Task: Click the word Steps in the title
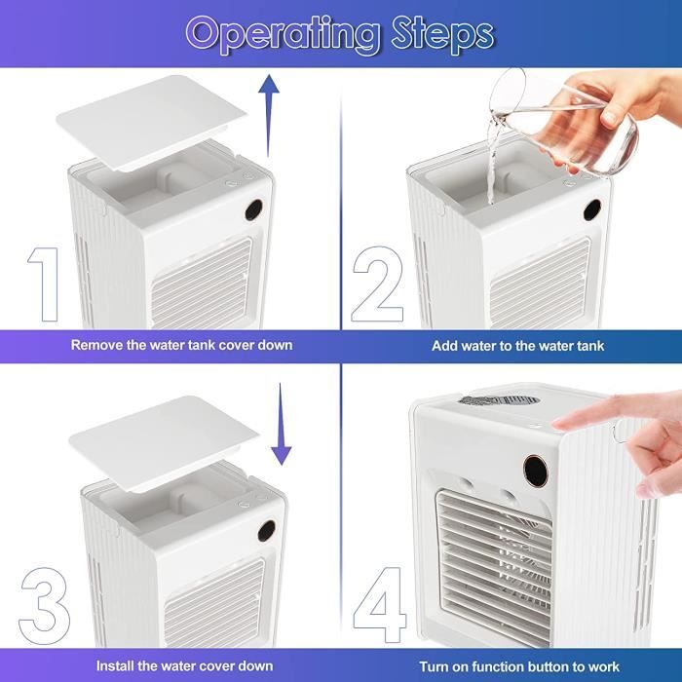pyautogui.click(x=442, y=35)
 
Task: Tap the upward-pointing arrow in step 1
pyautogui.click(x=269, y=115)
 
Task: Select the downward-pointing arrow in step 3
pyautogui.click(x=281, y=424)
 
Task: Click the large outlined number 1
pyautogui.click(x=44, y=284)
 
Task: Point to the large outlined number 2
pyautogui.click(x=377, y=284)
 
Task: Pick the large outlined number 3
pyautogui.click(x=44, y=606)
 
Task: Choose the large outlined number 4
pyautogui.click(x=379, y=605)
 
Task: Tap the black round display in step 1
pyautogui.click(x=253, y=210)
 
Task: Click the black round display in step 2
pyautogui.click(x=592, y=210)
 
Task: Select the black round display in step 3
pyautogui.click(x=266, y=531)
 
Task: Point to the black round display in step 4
pyautogui.click(x=536, y=470)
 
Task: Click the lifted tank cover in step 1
pyautogui.click(x=152, y=122)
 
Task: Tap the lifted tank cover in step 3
pyautogui.click(x=165, y=443)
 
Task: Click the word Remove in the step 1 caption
pyautogui.click(x=97, y=345)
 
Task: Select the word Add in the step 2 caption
pyautogui.click(x=444, y=346)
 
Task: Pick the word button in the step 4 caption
pyautogui.click(x=546, y=666)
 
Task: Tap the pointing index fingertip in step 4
pyautogui.click(x=559, y=424)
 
